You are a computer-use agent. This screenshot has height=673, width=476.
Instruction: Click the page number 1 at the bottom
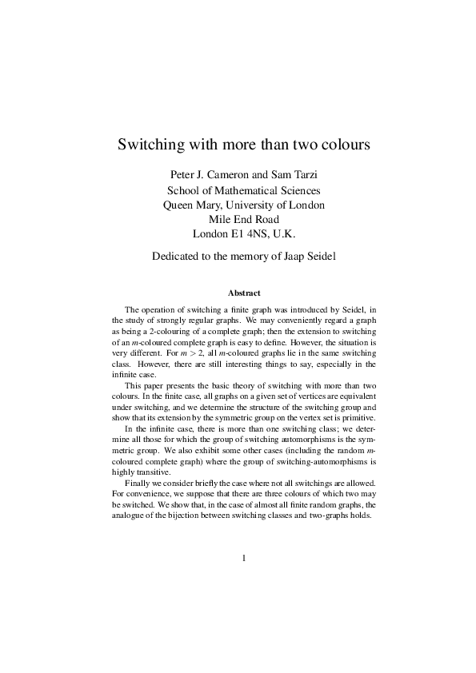pyautogui.click(x=243, y=558)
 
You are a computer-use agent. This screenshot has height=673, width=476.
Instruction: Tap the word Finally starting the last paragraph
pyautogui.click(x=138, y=484)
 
